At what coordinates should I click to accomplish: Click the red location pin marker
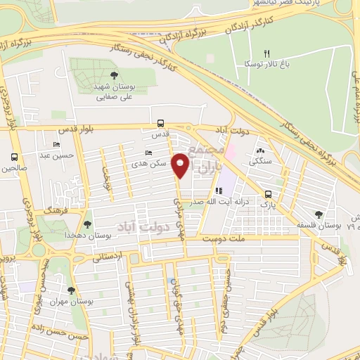[x=181, y=165]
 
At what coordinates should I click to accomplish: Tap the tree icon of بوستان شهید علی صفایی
[x=114, y=75]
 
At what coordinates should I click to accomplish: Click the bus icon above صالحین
[x=14, y=157]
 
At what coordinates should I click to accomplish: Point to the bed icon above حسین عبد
[x=56, y=144]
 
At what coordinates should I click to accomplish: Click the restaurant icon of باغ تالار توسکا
[x=266, y=53]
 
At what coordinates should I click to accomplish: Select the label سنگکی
[x=259, y=161]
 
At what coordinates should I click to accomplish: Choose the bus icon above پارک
[x=268, y=194]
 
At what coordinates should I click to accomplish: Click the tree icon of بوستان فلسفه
[x=320, y=214]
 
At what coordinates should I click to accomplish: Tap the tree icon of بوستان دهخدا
[x=87, y=225]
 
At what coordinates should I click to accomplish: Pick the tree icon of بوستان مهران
[x=70, y=290]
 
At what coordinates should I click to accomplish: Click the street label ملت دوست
[x=227, y=240]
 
